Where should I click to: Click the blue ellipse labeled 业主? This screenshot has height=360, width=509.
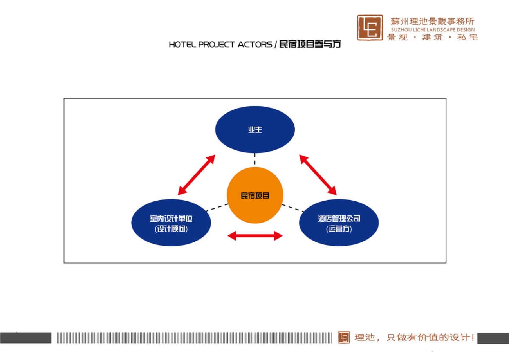pos(255,129)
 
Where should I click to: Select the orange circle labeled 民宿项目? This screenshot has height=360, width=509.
pos(255,195)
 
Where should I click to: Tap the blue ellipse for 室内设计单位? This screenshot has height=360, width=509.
pos(171,223)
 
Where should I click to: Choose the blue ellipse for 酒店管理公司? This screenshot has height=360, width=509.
pos(339,223)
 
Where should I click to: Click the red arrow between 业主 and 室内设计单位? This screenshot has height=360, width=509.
pos(196,175)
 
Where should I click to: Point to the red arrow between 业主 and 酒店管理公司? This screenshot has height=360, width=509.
pos(318,175)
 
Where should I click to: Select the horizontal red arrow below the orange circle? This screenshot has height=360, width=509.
pos(255,236)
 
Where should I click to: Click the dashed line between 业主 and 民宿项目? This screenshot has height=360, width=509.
pos(255,159)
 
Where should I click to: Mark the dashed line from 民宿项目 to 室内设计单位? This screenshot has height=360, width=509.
pos(217,208)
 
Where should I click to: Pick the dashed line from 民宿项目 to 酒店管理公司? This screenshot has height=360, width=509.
pos(293,208)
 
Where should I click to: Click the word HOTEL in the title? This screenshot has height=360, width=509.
pos(182,45)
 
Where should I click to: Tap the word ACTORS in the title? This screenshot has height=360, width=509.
pos(255,45)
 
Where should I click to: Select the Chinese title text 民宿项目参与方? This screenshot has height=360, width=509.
pos(310,44)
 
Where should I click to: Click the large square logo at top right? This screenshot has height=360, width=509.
pos(370,27)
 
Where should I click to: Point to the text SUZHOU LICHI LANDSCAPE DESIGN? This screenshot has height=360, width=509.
pos(433,30)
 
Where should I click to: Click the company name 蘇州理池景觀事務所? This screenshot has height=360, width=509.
pos(432,22)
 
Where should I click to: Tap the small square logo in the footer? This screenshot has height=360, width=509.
pos(344,337)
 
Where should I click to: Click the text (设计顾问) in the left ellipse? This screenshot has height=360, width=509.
pos(171,229)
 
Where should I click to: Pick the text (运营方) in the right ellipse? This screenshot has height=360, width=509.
pos(339,229)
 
